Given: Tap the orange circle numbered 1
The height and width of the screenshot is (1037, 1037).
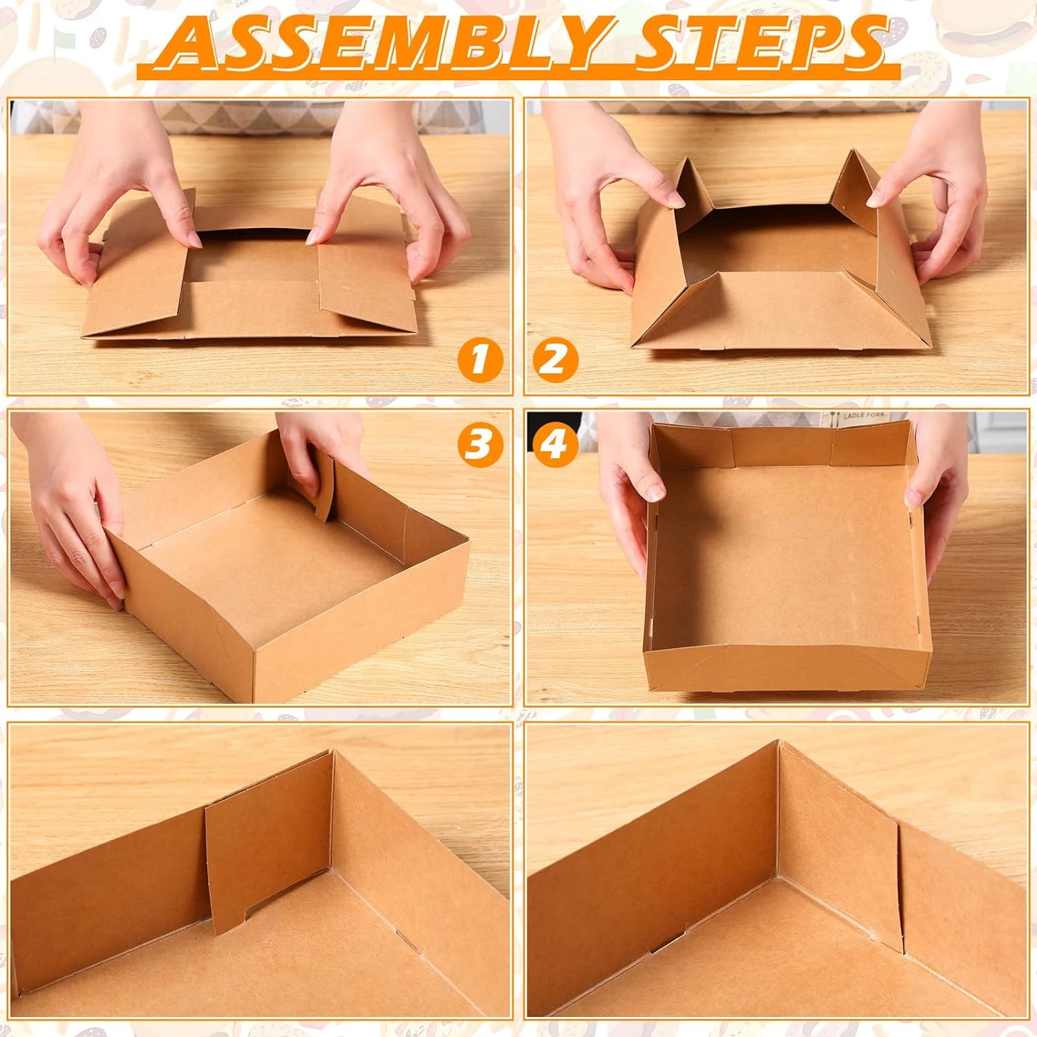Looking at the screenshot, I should pyautogui.click(x=479, y=359).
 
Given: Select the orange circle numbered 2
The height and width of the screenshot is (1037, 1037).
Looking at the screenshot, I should pyautogui.click(x=555, y=359).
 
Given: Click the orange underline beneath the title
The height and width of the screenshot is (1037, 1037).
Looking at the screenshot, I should pyautogui.click(x=518, y=72).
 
